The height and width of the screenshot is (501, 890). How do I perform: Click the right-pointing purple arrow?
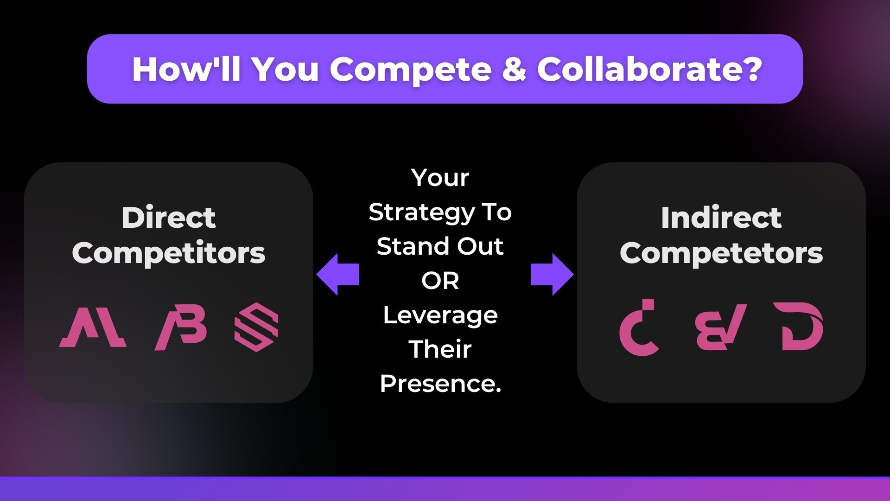tap(552, 275)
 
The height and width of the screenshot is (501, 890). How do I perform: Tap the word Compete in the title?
tap(410, 70)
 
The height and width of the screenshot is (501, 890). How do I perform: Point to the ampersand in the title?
tap(514, 69)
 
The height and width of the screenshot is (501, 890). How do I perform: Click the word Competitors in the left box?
tap(169, 253)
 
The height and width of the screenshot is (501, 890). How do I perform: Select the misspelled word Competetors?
tap(721, 253)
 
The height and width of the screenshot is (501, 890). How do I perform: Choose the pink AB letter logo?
tap(181, 328)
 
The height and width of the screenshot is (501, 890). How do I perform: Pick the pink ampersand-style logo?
tap(721, 327)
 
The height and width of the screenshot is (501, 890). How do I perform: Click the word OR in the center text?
tap(440, 281)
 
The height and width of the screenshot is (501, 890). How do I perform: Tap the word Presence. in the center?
tap(440, 384)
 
